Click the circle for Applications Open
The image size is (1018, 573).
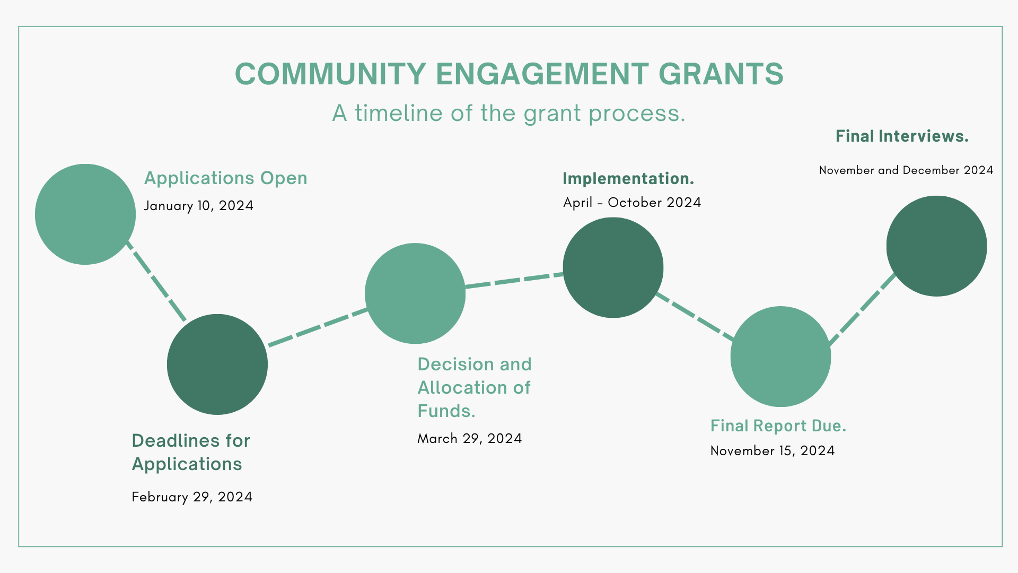point(85,214)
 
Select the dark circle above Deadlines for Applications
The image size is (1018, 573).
point(217,364)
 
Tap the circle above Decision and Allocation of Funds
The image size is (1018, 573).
point(415,293)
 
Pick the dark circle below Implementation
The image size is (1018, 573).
point(613,267)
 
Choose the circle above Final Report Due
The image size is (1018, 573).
point(780,357)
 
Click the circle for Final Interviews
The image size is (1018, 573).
point(936,246)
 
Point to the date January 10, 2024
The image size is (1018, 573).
point(198,206)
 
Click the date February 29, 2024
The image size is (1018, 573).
point(192,497)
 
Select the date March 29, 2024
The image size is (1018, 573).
point(470,439)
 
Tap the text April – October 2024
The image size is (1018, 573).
point(632,203)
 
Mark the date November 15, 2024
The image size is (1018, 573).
point(773,451)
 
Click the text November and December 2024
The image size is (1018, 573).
point(906,170)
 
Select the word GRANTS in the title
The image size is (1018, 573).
point(721,74)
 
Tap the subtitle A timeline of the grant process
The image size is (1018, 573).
point(509,113)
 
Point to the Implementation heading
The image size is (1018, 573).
point(628,179)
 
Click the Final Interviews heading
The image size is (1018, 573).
point(902,136)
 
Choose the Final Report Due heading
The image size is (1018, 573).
point(778,426)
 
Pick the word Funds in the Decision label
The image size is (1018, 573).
point(446,411)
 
